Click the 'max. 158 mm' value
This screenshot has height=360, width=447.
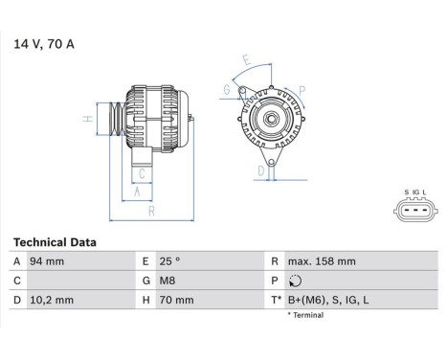[321, 261]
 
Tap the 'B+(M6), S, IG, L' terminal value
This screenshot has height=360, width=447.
[328, 300]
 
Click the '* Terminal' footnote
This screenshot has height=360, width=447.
[309, 314]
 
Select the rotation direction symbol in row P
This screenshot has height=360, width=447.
[294, 281]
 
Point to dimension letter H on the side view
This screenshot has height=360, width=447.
[86, 119]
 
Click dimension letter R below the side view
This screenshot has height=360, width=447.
[151, 212]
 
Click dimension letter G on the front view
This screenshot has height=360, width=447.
[227, 89]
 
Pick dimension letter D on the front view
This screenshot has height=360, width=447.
[259, 170]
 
